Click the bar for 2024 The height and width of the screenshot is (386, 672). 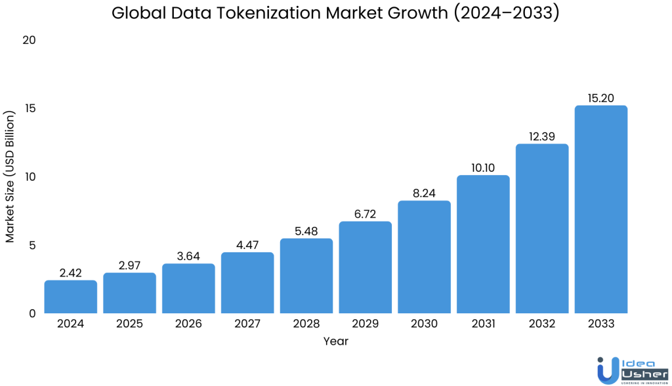tap(71, 297)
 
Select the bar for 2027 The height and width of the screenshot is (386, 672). tap(247, 283)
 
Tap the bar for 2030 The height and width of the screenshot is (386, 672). tap(425, 257)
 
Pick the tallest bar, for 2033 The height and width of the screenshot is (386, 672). tap(601, 210)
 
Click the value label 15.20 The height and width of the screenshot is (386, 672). tap(601, 98)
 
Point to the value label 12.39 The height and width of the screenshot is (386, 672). tap(542, 136)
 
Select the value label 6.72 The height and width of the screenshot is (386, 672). tap(366, 214)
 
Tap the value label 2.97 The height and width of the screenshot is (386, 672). tap(130, 265)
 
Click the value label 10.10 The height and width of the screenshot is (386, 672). tap(483, 168)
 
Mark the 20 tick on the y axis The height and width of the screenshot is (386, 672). tap(28, 40)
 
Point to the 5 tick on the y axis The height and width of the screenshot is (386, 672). tap(31, 245)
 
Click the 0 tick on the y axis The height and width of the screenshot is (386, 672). tap(31, 313)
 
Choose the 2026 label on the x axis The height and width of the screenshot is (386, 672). tap(188, 324)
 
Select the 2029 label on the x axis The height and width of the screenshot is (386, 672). tap(366, 324)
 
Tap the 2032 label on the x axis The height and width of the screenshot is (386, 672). tap(542, 324)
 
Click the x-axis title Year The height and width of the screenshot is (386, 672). tap(335, 341)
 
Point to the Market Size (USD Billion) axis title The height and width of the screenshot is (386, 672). tap(10, 177)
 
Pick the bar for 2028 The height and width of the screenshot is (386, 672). tap(306, 276)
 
